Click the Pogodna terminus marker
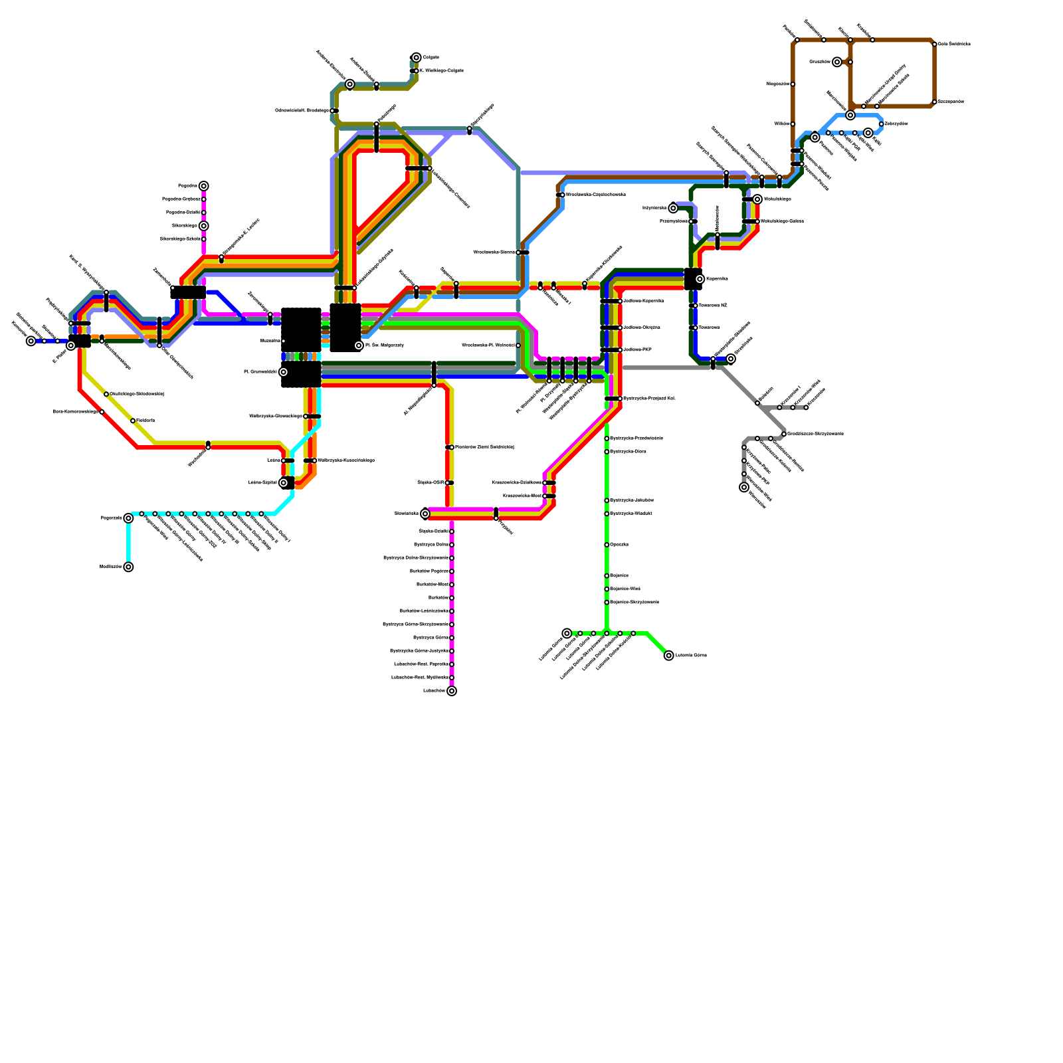coord(204,186)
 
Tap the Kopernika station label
coord(717,279)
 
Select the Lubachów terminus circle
coord(452,691)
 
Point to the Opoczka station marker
coord(607,545)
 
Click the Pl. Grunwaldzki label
coord(260,372)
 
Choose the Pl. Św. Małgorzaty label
coord(385,345)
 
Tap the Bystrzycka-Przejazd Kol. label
coord(650,399)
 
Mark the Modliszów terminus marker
coord(128,567)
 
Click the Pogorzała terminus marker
coord(128,518)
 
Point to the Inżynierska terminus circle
coord(673,208)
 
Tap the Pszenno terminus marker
coord(815,138)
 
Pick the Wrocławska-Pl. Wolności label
coord(488,345)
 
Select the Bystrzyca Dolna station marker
coord(452,545)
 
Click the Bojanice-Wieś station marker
coord(607,589)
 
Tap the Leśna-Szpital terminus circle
coord(284,483)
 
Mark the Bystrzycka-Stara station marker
coord(607,452)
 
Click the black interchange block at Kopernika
coord(692,279)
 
